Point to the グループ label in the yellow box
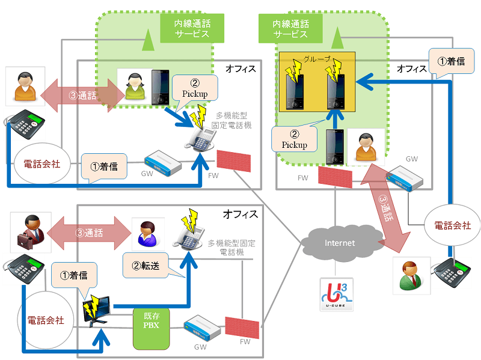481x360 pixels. pyautogui.click(x=317, y=60)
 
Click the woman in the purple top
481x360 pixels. pyautogui.click(x=147, y=233)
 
